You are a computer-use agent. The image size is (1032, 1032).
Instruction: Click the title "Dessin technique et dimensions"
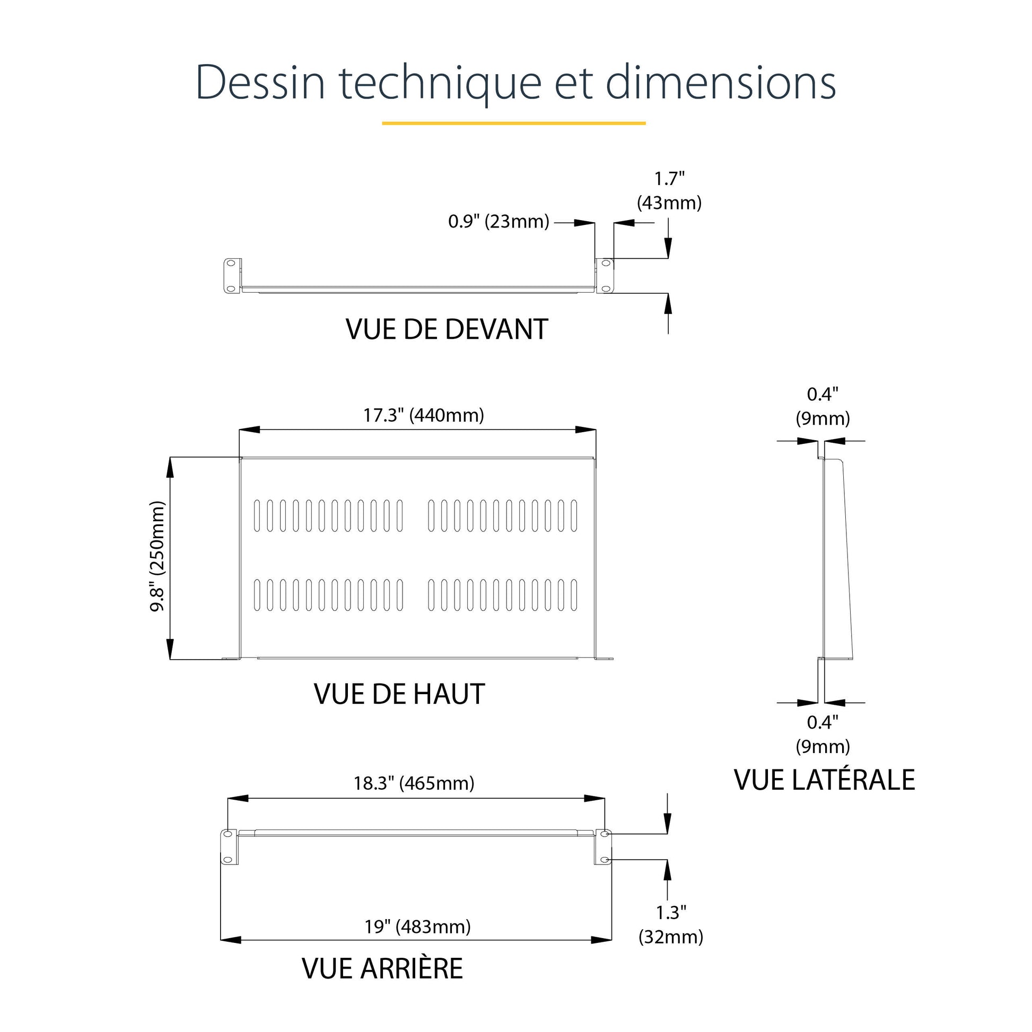click(515, 83)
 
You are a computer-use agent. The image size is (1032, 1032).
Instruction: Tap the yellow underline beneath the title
click(513, 123)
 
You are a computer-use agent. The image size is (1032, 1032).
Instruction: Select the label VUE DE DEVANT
click(447, 329)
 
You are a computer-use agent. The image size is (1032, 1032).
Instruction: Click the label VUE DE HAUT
click(399, 694)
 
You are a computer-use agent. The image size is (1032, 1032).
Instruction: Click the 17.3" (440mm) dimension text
click(424, 415)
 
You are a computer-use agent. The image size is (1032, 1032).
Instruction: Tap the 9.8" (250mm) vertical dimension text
click(158, 556)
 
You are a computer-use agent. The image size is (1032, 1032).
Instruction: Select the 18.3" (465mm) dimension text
click(414, 783)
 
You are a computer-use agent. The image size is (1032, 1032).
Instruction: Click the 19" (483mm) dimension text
click(418, 926)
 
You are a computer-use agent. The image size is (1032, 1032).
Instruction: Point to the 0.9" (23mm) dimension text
click(498, 221)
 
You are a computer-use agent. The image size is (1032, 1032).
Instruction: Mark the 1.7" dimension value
click(669, 178)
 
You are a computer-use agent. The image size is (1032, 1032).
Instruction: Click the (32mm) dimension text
click(671, 937)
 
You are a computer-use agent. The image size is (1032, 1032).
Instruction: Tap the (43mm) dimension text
click(669, 203)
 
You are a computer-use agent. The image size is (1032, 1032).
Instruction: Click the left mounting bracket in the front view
click(232, 276)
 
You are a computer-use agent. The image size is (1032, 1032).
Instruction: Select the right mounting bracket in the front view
click(605, 276)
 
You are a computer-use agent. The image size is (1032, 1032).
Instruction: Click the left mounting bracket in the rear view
click(229, 846)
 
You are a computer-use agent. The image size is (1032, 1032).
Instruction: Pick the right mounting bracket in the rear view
click(603, 846)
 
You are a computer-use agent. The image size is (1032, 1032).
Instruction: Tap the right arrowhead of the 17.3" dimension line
click(585, 430)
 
